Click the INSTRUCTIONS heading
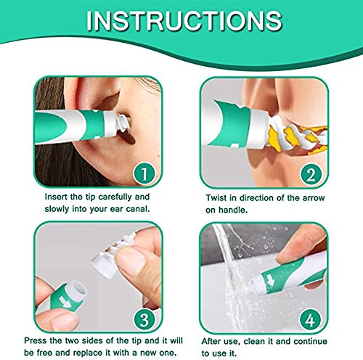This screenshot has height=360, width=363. click(184, 21)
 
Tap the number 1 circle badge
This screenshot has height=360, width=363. click(144, 173)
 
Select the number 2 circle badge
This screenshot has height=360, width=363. click(311, 174)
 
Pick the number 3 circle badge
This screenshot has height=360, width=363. click(144, 319)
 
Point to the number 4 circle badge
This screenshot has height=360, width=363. click(311, 319)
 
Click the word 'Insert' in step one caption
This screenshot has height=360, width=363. click(56, 197)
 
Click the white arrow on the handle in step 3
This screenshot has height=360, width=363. click(65, 303)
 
